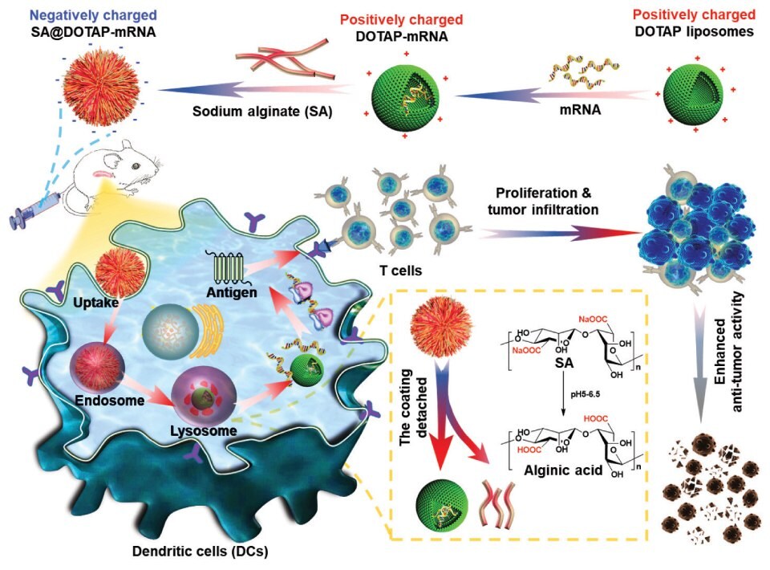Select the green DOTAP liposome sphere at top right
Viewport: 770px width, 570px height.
pos(696,91)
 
